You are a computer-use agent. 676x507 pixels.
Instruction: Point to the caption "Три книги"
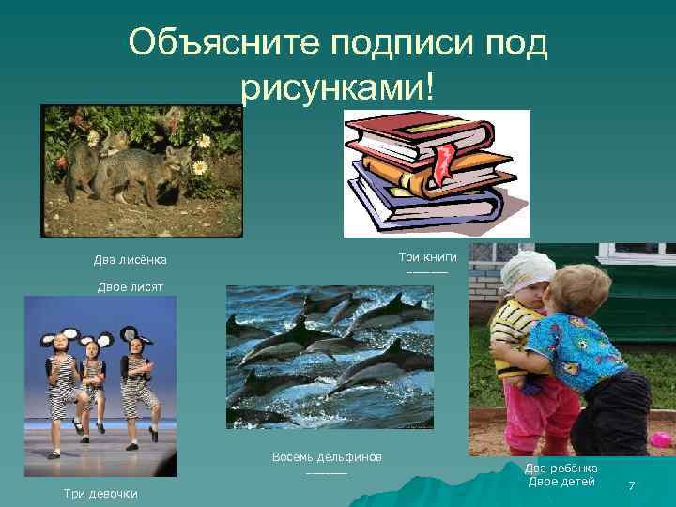(427, 256)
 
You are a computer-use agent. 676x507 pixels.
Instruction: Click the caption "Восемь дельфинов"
(327, 457)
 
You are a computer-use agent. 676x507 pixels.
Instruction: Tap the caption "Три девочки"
(100, 493)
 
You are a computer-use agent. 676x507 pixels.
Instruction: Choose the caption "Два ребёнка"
(561, 468)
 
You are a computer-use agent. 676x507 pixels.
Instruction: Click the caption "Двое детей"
(561, 483)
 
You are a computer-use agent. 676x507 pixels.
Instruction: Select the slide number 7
(632, 485)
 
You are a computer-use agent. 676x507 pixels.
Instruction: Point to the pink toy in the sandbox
(661, 439)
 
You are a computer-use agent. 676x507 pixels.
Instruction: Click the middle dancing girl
(92, 380)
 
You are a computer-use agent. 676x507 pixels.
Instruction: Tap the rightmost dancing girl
(137, 380)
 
